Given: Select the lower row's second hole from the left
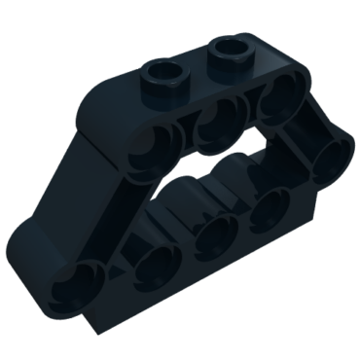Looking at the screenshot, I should coord(153,261).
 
